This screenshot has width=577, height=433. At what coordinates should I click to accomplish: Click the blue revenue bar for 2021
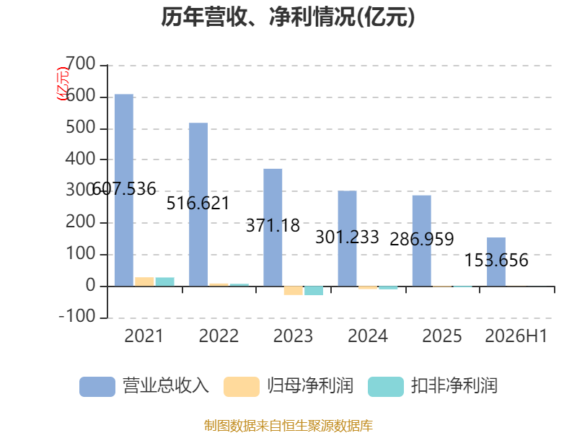tap(124, 190)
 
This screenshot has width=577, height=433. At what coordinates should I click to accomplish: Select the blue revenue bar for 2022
tap(198, 204)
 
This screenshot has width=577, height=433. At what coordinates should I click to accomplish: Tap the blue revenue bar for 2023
tap(273, 227)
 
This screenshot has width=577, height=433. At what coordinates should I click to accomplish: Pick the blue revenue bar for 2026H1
tap(496, 262)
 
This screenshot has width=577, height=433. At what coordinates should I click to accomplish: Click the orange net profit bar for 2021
tap(144, 281)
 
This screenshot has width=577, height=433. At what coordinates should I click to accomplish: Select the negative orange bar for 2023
tap(294, 291)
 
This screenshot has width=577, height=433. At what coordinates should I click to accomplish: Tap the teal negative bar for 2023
tap(314, 291)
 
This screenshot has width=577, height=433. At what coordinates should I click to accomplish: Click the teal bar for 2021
tap(165, 281)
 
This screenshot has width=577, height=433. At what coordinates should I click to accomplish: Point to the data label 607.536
tap(124, 189)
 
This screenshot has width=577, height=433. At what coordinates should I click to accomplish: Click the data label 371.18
tap(273, 225)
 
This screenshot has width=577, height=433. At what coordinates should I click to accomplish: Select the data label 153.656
tap(496, 261)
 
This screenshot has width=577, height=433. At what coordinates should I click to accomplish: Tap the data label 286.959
tap(422, 240)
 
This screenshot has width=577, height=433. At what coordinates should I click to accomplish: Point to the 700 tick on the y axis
tap(81, 64)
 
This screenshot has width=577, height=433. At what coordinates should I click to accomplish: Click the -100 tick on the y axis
tap(77, 316)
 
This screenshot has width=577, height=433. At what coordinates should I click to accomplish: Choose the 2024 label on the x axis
tap(368, 336)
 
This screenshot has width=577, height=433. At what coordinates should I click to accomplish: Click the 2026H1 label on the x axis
tap(516, 336)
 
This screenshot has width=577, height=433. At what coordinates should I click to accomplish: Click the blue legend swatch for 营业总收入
tap(97, 387)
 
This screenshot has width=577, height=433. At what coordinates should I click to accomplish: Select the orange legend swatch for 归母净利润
tap(242, 387)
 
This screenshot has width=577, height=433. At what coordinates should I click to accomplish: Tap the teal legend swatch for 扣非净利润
tap(386, 387)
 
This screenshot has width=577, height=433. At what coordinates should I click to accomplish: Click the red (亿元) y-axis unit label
tap(63, 84)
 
